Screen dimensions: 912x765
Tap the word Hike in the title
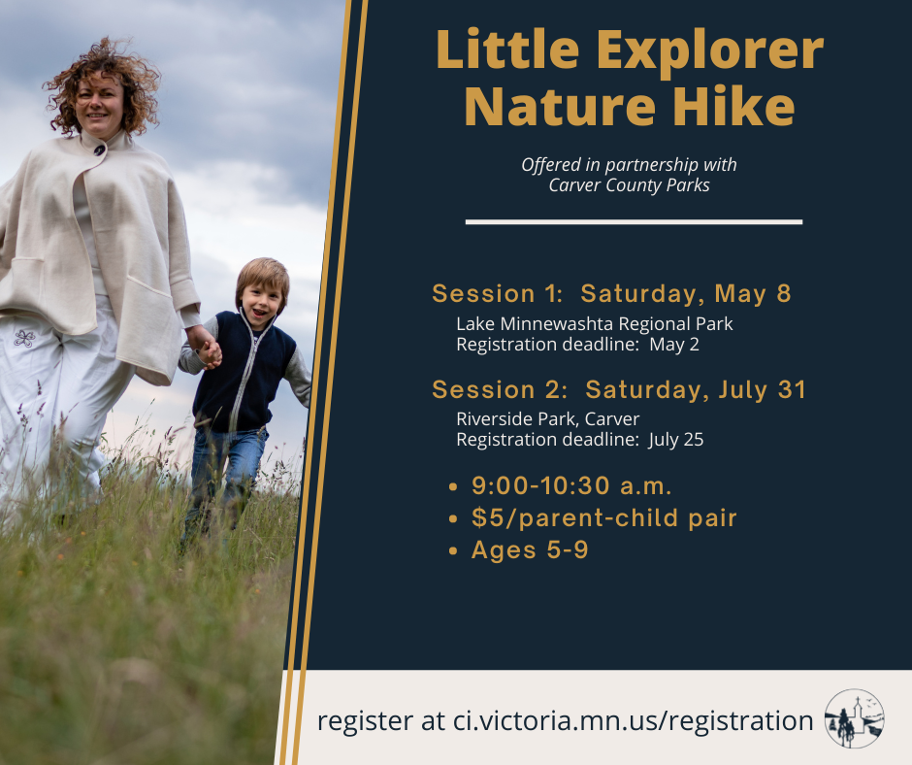734,107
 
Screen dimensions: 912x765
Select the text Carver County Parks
630,185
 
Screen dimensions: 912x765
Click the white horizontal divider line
634,221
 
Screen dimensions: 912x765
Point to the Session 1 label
498,293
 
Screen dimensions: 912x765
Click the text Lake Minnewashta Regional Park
595,323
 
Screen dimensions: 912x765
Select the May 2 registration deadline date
674,345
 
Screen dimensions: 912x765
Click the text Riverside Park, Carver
548,419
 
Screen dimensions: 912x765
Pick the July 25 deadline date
676,440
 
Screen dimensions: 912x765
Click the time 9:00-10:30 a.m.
571,486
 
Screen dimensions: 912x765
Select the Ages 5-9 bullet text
530,549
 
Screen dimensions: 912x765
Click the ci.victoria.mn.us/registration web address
633,720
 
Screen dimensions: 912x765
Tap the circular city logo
855,718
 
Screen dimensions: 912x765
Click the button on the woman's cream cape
100,150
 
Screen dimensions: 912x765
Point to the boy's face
260,303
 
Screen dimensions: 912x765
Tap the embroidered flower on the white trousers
24,338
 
